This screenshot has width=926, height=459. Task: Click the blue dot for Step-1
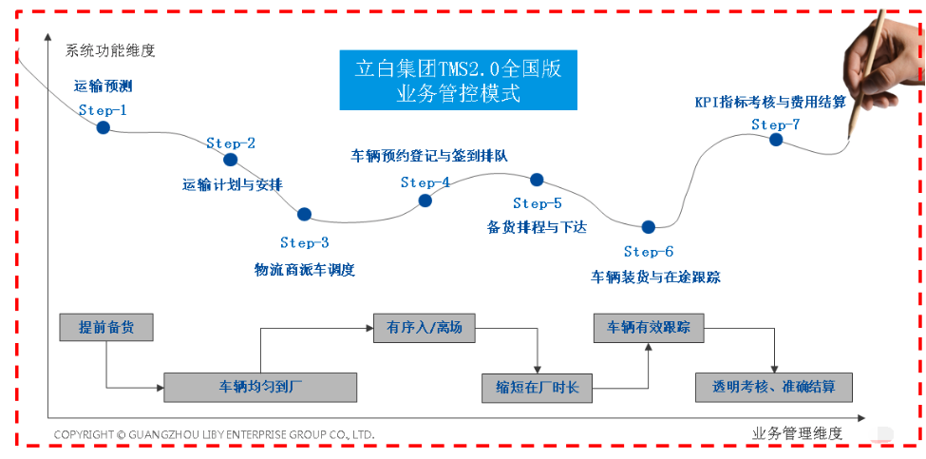click(x=103, y=127)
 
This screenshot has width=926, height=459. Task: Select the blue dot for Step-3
click(x=304, y=215)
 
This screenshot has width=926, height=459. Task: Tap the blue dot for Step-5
click(x=537, y=179)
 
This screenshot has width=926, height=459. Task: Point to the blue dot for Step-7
click(x=776, y=140)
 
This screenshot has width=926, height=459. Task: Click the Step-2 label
click(x=231, y=143)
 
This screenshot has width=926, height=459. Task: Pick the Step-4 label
click(x=425, y=182)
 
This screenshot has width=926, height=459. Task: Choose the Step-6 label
click(x=649, y=252)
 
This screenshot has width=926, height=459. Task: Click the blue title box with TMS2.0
click(x=459, y=81)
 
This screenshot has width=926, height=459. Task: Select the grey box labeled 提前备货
click(x=106, y=327)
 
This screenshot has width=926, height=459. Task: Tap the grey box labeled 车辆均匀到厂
click(x=260, y=388)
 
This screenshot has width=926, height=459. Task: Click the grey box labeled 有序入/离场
click(x=425, y=328)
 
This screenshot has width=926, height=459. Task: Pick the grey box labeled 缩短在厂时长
click(x=538, y=388)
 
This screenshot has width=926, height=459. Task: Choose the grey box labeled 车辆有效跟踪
click(x=649, y=328)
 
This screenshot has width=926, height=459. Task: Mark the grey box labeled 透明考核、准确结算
click(x=774, y=388)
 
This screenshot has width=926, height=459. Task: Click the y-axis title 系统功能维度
click(x=110, y=49)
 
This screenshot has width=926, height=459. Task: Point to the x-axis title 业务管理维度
click(x=797, y=433)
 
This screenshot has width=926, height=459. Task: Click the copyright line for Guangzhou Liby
click(x=214, y=434)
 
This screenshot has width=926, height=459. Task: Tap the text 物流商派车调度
click(x=305, y=270)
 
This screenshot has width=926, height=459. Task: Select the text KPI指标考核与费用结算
click(x=770, y=100)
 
